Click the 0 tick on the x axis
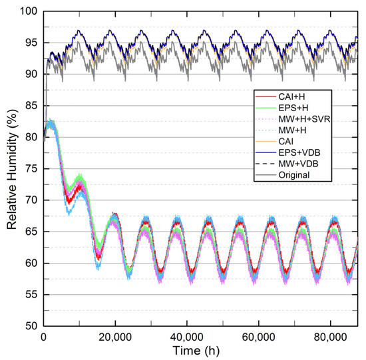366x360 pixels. click(x=43, y=337)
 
